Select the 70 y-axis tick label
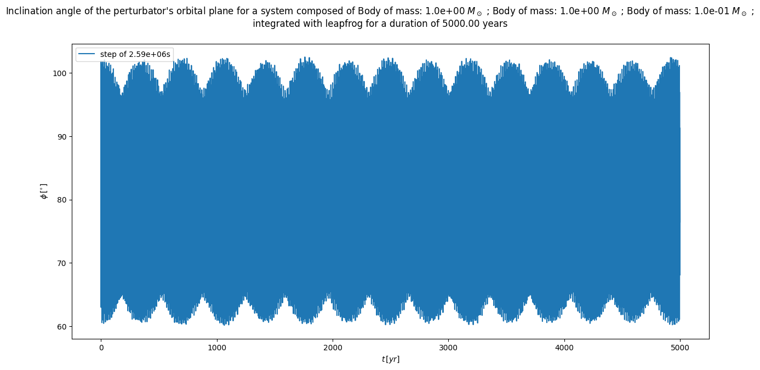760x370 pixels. [x=62, y=263]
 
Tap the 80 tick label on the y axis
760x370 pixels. [x=62, y=200]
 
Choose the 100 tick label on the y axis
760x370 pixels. [x=60, y=73]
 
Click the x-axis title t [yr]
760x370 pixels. [x=390, y=359]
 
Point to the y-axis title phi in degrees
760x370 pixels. [x=44, y=191]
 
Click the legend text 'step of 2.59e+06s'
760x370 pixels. [x=135, y=54]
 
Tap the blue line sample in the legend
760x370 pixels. [x=87, y=54]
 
